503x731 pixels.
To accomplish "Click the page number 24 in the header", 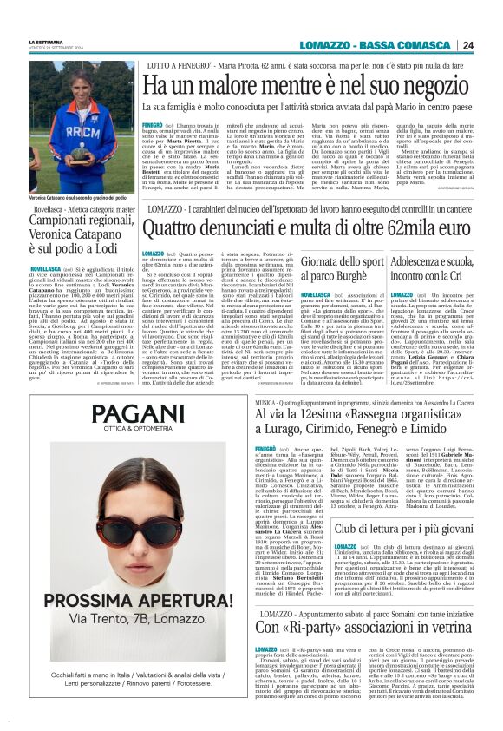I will point(467,46).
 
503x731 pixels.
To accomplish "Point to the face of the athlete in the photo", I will point(82,84).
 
